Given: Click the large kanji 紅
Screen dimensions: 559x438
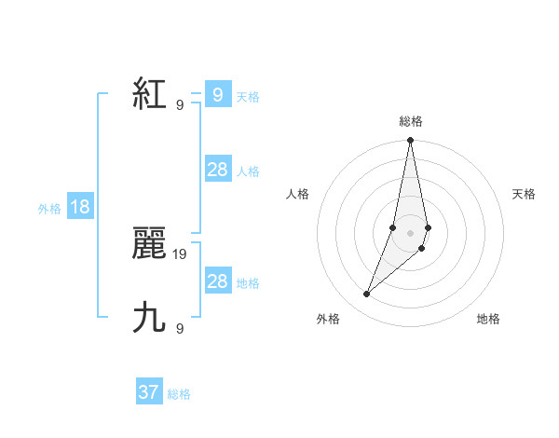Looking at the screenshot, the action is (150, 95).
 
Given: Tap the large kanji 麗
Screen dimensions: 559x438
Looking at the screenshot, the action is (150, 245).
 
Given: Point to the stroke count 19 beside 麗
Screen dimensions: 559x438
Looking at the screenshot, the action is (180, 253).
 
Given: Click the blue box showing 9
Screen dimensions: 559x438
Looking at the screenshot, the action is (217, 95).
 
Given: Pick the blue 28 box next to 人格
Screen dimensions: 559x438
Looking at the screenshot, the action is (217, 170).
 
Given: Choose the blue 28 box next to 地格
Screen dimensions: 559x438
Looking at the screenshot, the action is (217, 281).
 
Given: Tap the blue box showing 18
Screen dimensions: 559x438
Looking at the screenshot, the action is (80, 208).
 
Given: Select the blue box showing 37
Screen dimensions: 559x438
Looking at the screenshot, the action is (149, 392).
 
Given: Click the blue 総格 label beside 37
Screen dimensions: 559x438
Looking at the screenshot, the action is (179, 394).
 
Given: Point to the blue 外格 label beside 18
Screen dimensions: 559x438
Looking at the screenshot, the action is (49, 209).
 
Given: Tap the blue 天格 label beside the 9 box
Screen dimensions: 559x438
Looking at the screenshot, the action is (248, 97).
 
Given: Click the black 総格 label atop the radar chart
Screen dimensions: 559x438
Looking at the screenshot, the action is (410, 121).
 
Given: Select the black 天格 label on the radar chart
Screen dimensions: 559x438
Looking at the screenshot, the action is (524, 194).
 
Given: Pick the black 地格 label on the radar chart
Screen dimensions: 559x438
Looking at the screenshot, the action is (488, 319).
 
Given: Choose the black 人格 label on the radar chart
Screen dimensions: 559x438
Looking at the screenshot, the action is (298, 194).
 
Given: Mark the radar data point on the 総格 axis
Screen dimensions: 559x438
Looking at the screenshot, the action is (410, 141).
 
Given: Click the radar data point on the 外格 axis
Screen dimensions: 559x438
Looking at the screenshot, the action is (367, 294).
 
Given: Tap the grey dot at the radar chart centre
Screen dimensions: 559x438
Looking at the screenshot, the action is (410, 232).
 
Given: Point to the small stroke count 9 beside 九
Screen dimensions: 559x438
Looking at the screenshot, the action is (180, 328).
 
